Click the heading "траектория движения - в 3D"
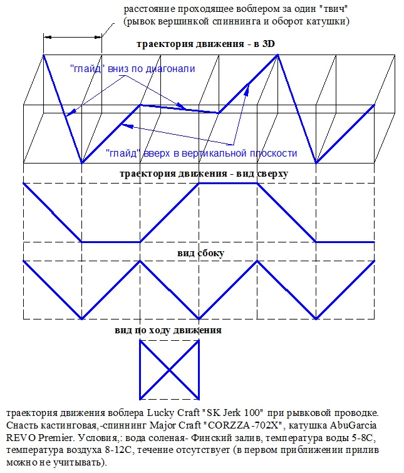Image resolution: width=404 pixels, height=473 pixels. click(x=205, y=44)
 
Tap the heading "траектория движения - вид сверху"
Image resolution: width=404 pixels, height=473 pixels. click(x=204, y=174)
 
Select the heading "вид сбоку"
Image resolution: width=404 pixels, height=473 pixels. click(x=200, y=253)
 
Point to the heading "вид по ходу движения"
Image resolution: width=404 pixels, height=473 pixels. click(x=168, y=330)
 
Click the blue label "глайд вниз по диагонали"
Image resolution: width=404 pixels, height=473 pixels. click(x=133, y=69)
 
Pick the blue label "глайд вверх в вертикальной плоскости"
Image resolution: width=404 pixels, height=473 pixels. click(x=202, y=153)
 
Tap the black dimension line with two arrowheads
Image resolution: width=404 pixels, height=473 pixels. click(x=73, y=37)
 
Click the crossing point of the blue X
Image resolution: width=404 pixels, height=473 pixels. click(x=170, y=370)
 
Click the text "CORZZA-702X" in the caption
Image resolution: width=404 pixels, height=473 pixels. click(x=244, y=425)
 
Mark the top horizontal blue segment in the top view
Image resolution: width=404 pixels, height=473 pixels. click(x=228, y=183)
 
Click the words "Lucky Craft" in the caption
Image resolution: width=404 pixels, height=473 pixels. click(x=174, y=412)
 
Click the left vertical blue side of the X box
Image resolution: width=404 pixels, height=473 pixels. click(x=140, y=370)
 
